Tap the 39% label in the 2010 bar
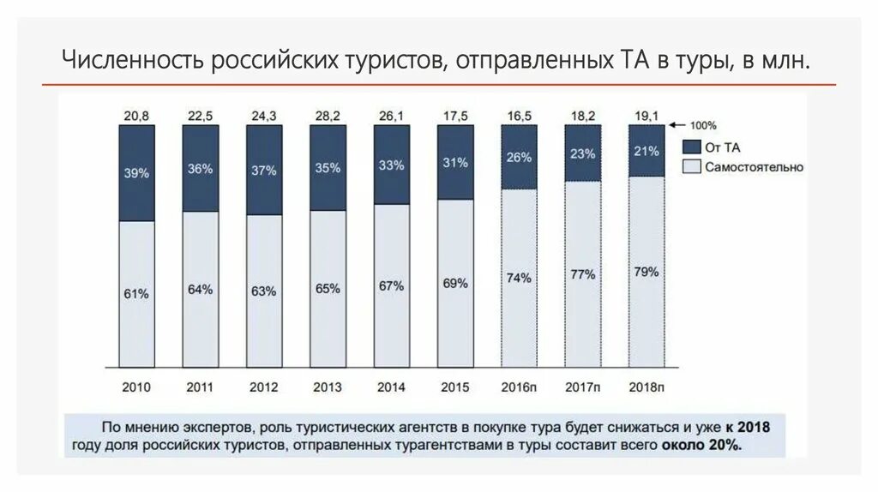(x=136, y=173)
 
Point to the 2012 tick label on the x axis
(x=263, y=387)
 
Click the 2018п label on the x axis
(x=646, y=387)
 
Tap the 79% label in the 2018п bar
(x=646, y=273)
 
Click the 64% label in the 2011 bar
(x=200, y=290)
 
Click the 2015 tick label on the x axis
(x=454, y=387)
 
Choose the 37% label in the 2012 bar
(x=263, y=171)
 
